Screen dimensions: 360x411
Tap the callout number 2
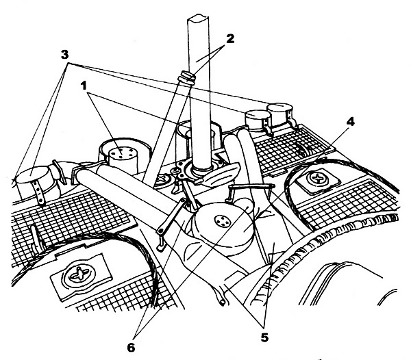click(x=230, y=39)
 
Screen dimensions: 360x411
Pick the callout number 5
click(x=265, y=336)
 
